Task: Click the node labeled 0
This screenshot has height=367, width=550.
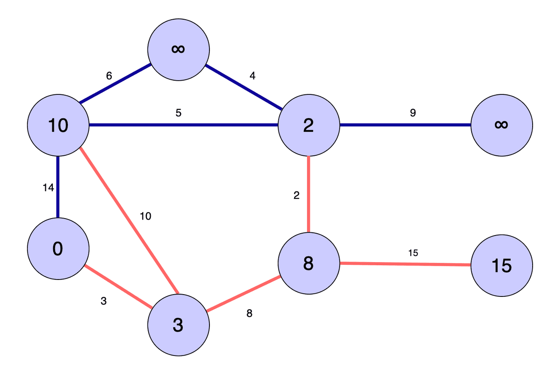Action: click(x=58, y=248)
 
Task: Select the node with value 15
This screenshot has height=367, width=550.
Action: click(x=501, y=265)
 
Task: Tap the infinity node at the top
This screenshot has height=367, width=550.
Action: click(x=178, y=49)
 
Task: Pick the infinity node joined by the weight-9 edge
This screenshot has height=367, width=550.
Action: click(x=501, y=125)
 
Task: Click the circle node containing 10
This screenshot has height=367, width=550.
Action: click(x=58, y=125)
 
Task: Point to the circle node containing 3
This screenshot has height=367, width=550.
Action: click(x=178, y=324)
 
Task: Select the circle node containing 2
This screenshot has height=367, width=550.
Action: click(x=308, y=125)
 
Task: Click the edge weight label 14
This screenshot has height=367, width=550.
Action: click(x=48, y=187)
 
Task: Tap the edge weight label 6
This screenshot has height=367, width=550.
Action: click(x=109, y=76)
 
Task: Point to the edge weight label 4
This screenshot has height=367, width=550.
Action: click(x=252, y=76)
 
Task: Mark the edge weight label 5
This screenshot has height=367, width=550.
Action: click(x=178, y=113)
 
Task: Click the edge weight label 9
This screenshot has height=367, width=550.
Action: click(x=412, y=113)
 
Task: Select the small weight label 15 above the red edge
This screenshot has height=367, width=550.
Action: click(x=412, y=252)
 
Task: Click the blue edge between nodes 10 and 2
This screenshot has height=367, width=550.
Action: click(x=183, y=125)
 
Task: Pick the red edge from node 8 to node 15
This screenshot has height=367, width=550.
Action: click(x=403, y=264)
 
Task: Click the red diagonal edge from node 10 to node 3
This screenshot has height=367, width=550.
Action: click(x=128, y=220)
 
